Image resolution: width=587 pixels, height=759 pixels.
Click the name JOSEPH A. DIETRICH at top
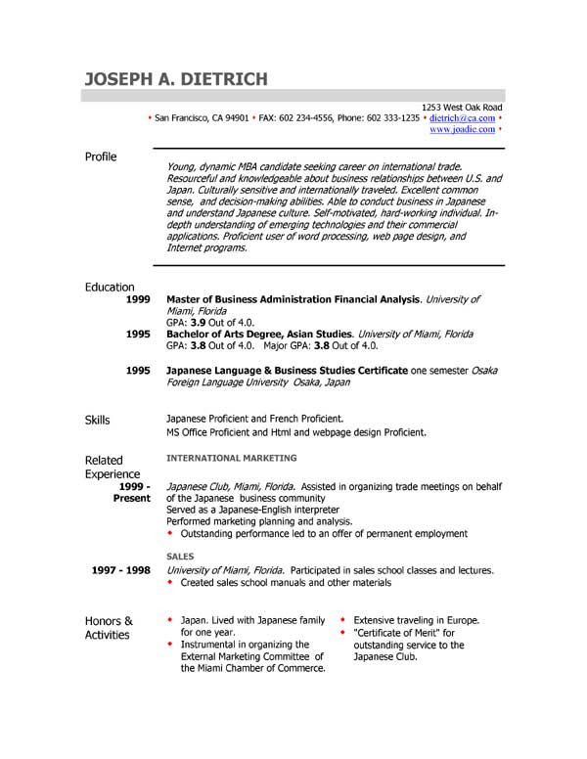click(175, 78)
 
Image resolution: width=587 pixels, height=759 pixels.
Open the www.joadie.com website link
click(461, 128)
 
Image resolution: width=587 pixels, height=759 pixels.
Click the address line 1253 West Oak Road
click(462, 107)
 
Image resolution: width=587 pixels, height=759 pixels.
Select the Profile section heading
click(101, 156)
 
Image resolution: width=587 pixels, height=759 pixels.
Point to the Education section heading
click(110, 287)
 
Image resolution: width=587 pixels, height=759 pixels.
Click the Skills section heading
click(98, 420)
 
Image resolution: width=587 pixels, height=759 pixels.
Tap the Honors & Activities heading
click(108, 627)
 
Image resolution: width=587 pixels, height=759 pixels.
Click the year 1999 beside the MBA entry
click(138, 299)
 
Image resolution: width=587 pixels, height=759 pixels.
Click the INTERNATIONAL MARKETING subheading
click(232, 458)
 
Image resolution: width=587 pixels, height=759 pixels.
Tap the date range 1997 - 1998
click(121, 570)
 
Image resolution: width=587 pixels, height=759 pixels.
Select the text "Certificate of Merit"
click(391, 634)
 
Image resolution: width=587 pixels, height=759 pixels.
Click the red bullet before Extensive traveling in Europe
click(342, 621)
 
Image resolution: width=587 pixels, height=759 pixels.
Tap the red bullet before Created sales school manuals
click(170, 583)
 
